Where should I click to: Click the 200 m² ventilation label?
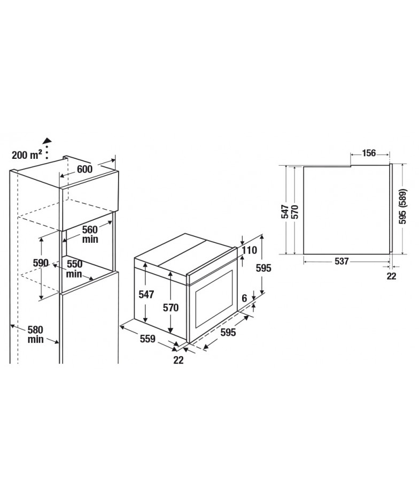pos(27,155)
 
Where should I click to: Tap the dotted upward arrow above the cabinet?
pos(48,148)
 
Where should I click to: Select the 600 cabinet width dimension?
pos(85,170)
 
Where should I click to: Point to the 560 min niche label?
pos(90,234)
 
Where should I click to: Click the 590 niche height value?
pos(41,263)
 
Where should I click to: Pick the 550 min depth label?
pos(74,269)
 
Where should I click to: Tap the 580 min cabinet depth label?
pos(35,334)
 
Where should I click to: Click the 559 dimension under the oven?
pos(148,339)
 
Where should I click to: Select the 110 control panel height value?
pos(250,250)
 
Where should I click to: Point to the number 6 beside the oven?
pos(244,298)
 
